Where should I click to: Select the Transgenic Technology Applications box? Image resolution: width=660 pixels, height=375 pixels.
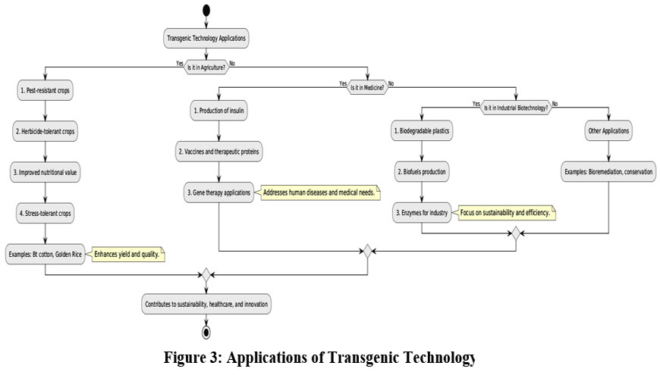pos(206,37)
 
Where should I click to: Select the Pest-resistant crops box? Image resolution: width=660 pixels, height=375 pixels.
pos(46,91)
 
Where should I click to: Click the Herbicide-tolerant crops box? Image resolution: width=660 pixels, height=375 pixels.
pos(46,131)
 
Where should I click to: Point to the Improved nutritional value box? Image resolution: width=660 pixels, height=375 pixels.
pos(46,172)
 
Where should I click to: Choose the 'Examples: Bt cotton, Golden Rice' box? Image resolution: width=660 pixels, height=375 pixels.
pos(45,253)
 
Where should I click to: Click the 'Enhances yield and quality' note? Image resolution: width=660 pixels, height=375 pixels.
pos(127,255)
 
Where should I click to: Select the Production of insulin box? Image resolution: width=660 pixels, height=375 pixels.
pos(218,111)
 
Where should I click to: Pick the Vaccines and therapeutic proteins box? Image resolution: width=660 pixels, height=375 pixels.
pos(218,152)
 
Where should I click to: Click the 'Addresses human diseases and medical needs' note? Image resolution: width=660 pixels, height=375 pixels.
pos(318,193)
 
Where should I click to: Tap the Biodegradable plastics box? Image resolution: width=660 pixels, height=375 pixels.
pos(422,131)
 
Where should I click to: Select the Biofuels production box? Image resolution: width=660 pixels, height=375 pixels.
pos(422,172)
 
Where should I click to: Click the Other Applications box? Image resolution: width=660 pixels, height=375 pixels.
pos(609,131)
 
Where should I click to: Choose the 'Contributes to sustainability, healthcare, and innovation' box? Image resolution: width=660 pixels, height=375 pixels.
pos(206,304)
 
